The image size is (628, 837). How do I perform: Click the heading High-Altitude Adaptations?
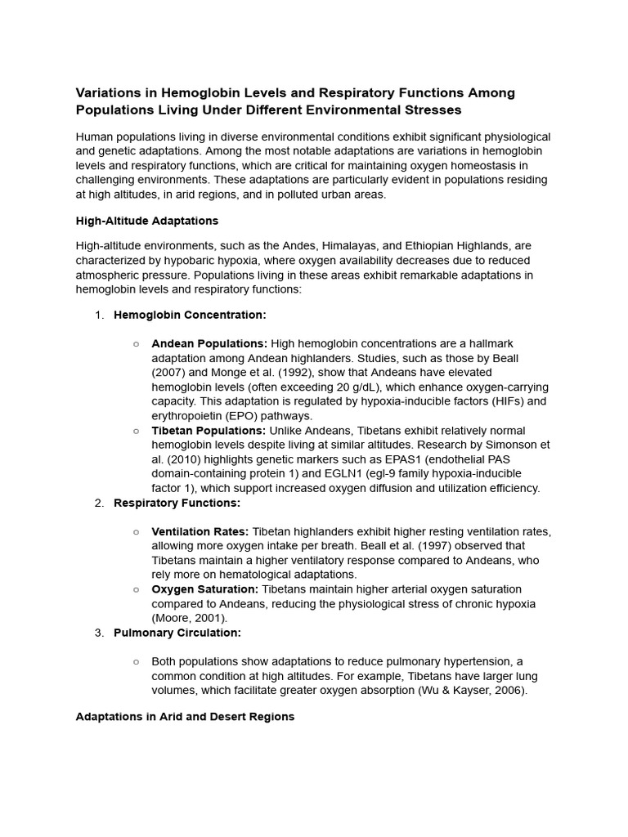(146, 221)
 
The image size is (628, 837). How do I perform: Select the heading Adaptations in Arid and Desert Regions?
(185, 716)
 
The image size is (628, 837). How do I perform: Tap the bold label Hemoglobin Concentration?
(190, 315)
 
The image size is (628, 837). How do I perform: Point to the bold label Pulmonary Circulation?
(177, 633)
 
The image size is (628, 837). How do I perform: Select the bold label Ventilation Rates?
(200, 531)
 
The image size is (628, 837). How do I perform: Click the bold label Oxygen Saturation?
(204, 589)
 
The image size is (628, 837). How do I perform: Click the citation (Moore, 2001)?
(190, 618)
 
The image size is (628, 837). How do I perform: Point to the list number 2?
(99, 503)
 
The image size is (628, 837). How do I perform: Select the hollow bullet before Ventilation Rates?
(137, 531)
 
